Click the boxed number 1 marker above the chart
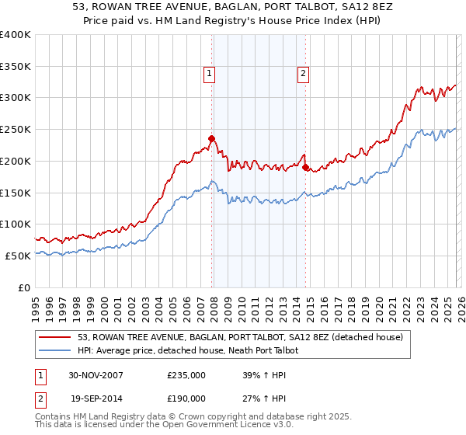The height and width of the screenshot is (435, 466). pos(210,74)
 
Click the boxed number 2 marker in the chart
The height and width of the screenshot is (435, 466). pos(303,74)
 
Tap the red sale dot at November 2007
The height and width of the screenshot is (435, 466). pos(211,139)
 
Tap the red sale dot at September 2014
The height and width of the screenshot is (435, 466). pos(305,167)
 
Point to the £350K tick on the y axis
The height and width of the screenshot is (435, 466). pos(16,66)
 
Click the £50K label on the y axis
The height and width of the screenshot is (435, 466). pos(18,256)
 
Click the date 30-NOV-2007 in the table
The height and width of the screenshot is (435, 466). pos(96,374)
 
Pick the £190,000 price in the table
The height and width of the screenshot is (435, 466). pos(186,398)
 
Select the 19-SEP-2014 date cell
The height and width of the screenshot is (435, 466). pos(96,398)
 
